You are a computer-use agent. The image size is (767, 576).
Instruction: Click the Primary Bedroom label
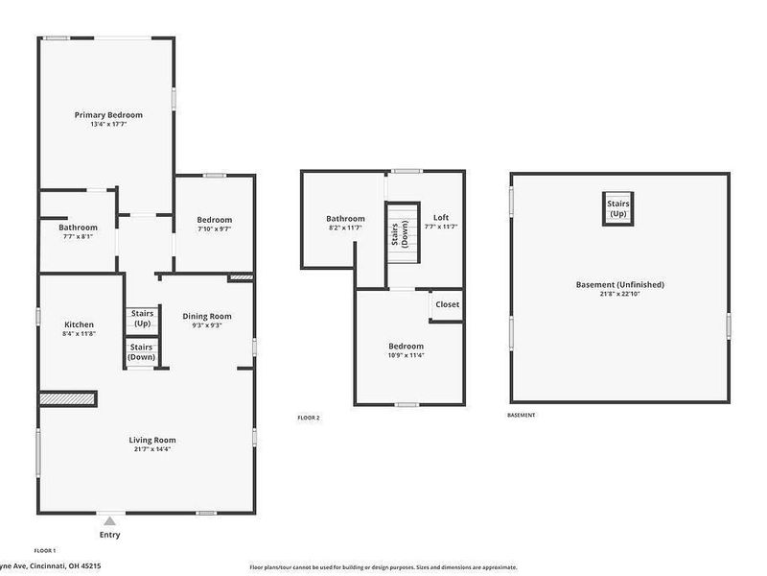108,115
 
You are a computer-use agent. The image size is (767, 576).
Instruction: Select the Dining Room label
207,316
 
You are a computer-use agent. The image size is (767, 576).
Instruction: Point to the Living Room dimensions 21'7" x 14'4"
152,449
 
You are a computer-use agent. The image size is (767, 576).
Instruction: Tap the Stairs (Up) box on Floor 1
142,319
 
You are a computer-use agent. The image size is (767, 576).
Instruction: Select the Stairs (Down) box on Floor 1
142,352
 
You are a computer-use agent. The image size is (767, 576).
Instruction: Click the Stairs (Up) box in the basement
617,207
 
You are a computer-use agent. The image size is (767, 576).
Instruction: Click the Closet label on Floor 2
447,304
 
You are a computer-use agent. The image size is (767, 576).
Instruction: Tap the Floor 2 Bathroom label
345,219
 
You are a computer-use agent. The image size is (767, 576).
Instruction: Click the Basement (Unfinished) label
619,284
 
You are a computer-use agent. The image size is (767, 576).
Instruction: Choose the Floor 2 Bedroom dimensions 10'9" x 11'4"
406,355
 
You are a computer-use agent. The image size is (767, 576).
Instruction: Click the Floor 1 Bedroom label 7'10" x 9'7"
214,229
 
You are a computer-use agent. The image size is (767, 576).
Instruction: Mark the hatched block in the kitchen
67,397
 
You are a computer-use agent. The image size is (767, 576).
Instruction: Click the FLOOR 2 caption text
309,418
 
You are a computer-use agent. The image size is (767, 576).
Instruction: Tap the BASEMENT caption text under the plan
521,415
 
